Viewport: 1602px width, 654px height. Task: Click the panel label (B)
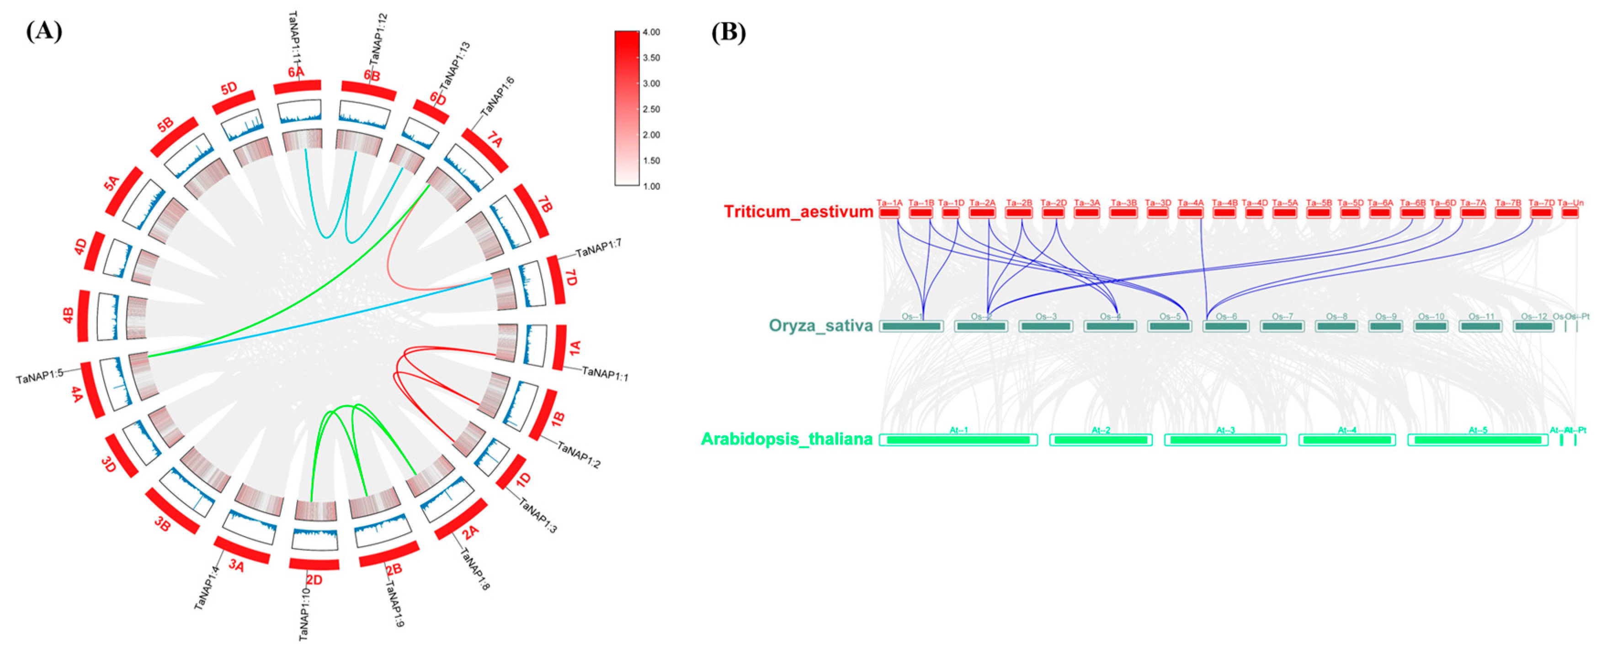pyautogui.click(x=728, y=32)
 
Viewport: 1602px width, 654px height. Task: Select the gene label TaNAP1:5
pyautogui.click(x=40, y=376)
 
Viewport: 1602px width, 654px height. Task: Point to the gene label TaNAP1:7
pyautogui.click(x=598, y=249)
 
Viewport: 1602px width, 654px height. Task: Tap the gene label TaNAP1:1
pyautogui.click(x=605, y=373)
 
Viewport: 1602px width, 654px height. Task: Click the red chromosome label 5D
pyautogui.click(x=229, y=88)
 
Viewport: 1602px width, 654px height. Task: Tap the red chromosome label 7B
pyautogui.click(x=545, y=204)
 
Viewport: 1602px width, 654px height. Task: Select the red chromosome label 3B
pyautogui.click(x=162, y=525)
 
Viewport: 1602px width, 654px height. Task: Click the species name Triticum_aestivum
pyautogui.click(x=798, y=212)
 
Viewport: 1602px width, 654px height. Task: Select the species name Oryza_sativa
pyautogui.click(x=820, y=326)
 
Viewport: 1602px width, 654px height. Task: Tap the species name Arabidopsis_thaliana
pyautogui.click(x=787, y=440)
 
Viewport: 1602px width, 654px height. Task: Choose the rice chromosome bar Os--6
pyautogui.click(x=1226, y=326)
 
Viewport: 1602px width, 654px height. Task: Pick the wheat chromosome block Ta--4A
pyautogui.click(x=1190, y=213)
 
